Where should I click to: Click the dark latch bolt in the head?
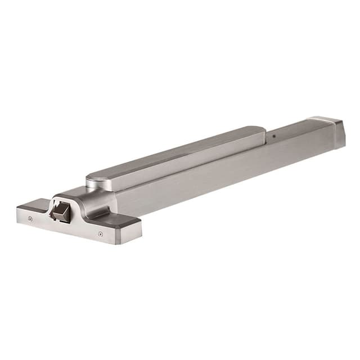pyautogui.click(x=61, y=213)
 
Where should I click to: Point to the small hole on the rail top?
pyautogui.click(x=273, y=137)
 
